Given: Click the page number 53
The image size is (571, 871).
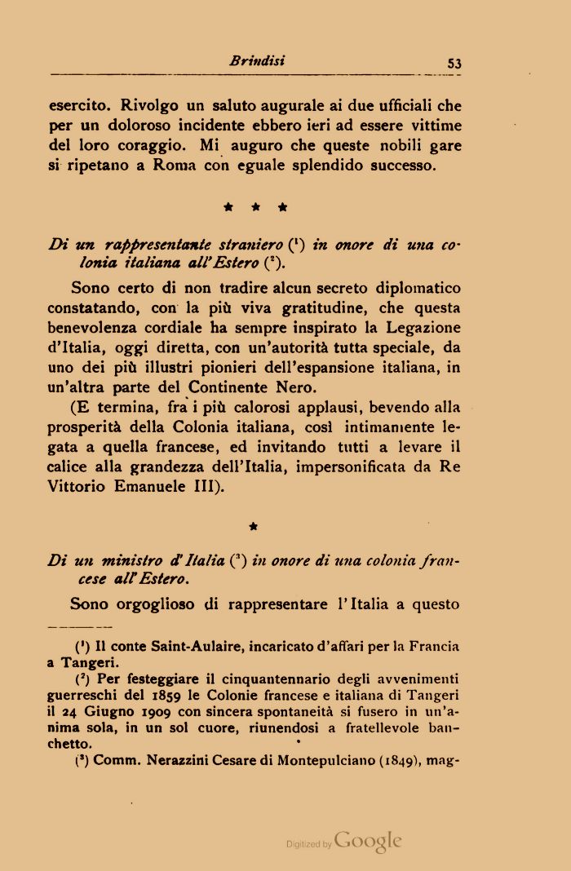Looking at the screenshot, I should (454, 63).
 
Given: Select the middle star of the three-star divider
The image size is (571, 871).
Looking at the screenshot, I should (256, 208).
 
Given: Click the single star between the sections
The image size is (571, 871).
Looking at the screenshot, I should (253, 527).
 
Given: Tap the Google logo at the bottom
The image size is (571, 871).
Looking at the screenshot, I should (368, 842).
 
